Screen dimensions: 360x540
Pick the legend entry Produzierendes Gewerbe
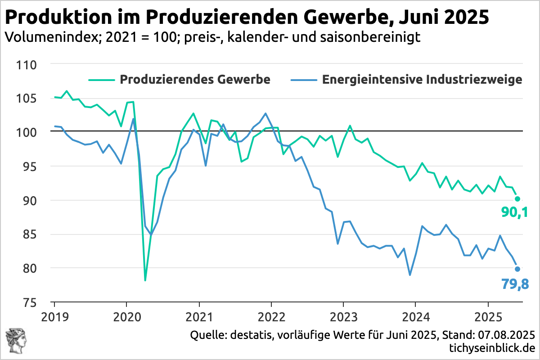(x=194, y=80)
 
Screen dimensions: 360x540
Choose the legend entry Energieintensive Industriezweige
(x=422, y=80)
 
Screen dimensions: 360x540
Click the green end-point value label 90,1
(x=514, y=213)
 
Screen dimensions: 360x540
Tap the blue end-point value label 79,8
(x=514, y=284)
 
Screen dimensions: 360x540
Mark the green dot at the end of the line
(x=517, y=199)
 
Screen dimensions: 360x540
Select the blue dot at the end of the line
(x=517, y=269)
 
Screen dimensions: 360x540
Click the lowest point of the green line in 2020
(x=145, y=280)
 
